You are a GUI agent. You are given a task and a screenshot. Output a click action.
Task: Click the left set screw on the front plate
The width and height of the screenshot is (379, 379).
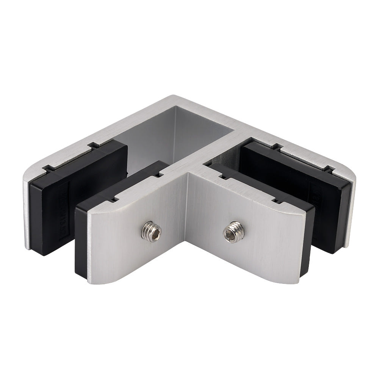152,230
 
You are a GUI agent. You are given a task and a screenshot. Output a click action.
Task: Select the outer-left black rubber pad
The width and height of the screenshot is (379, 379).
76,189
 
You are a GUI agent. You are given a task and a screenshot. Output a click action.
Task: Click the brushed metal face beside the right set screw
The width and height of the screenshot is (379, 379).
258,243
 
